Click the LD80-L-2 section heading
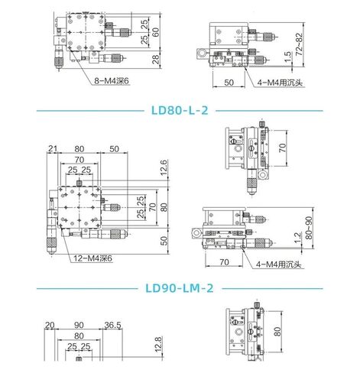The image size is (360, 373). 180,111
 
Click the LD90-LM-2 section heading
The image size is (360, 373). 180,288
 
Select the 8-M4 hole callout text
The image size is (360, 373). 112,81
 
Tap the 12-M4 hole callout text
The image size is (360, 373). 92,258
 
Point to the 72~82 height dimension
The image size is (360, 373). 300,44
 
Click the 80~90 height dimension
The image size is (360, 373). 309,228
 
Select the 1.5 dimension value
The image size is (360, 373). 287,57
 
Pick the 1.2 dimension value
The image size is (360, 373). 297,238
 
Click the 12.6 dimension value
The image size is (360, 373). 164,167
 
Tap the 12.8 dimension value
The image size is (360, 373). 158,344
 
